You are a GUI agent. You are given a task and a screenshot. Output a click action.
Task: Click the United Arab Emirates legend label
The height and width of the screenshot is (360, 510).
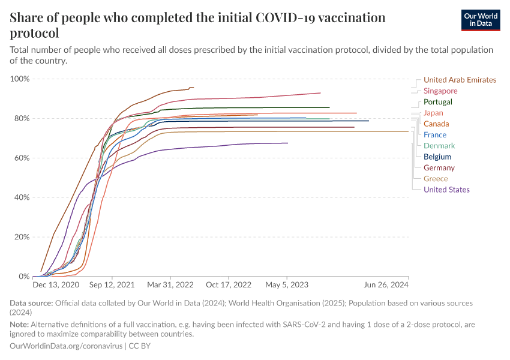point(460,80)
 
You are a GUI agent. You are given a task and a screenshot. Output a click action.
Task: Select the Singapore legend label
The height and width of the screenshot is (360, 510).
point(440,91)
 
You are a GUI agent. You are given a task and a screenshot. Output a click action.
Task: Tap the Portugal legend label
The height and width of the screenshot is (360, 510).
point(438,102)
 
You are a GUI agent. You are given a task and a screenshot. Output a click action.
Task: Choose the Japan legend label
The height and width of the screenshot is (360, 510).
point(434,113)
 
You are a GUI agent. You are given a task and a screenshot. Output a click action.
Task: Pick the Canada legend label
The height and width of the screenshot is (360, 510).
point(436,124)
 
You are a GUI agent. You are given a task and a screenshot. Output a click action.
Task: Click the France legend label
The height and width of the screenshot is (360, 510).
point(435,135)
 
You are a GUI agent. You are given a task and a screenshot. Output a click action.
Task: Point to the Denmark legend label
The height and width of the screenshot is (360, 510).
point(439,146)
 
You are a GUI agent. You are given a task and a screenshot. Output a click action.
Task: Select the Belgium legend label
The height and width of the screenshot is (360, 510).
point(437,157)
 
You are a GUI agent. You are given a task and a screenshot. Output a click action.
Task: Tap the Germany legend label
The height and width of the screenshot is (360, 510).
point(439,168)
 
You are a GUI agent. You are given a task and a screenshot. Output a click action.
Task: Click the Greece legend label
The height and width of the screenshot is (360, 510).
point(436,179)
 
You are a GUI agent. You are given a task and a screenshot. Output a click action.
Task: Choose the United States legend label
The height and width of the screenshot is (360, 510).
point(446,190)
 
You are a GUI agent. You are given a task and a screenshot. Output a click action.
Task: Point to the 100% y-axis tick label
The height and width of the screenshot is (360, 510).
point(20,79)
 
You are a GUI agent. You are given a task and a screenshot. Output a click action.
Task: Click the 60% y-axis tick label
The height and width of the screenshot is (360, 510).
point(22,158)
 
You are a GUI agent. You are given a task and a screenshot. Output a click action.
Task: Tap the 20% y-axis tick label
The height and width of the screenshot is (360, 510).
point(22,237)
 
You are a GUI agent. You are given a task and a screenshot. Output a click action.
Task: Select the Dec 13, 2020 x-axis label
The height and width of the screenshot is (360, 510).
point(56,286)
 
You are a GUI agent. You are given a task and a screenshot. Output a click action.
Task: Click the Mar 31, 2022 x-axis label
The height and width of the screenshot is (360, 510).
point(171,286)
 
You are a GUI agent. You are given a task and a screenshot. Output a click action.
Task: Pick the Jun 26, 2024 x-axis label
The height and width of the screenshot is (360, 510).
point(386,286)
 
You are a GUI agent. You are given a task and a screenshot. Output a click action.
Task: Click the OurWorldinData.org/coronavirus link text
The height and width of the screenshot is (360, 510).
point(65,346)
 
